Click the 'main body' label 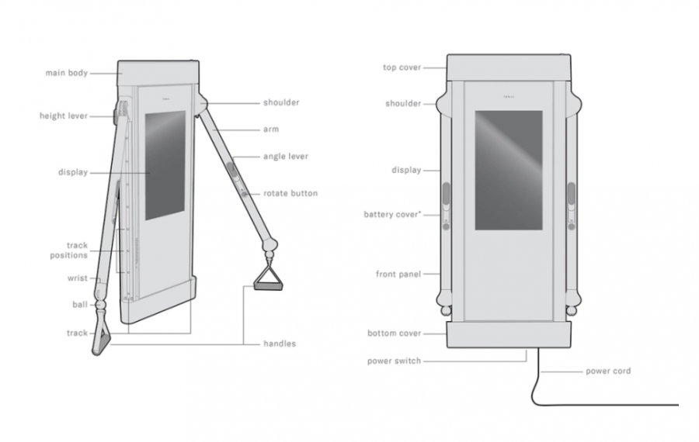66,74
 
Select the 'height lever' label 64,116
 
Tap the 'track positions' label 76,250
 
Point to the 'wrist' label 78,278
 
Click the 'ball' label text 80,305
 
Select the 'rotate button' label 290,193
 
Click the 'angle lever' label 286,157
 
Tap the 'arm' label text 270,129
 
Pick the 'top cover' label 402,67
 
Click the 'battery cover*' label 392,214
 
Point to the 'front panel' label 398,275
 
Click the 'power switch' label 394,361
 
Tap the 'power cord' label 608,371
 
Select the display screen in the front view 508,170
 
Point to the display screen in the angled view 165,164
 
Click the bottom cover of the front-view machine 509,334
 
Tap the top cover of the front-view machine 509,67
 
